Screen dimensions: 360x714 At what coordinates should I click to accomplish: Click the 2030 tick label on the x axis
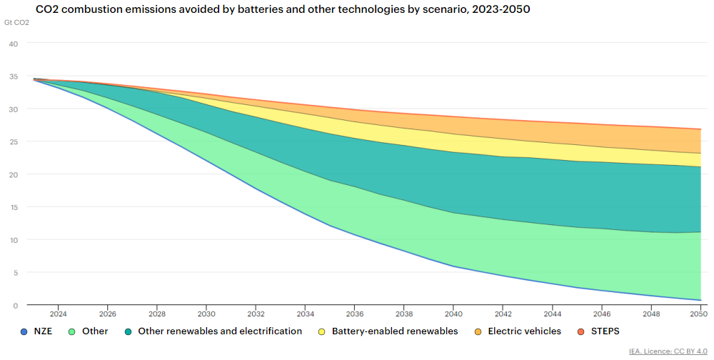pos(206,314)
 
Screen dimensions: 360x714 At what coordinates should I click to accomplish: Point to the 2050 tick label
pos(698,314)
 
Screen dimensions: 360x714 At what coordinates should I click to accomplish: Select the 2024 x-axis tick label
pos(58,314)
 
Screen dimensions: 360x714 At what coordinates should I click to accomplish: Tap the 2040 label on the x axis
pos(453,314)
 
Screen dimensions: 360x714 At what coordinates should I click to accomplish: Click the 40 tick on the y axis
pos(13,44)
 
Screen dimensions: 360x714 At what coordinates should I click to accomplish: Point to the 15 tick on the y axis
pos(13,207)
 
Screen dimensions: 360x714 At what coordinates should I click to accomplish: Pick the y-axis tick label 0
pos(15,306)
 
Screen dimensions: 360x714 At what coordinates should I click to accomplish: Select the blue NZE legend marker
pos(25,331)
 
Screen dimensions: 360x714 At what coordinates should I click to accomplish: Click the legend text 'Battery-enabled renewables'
pos(395,331)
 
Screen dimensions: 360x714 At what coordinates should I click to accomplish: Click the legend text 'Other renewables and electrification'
pos(220,331)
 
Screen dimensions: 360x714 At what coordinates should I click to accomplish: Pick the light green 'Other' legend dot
pos(71,331)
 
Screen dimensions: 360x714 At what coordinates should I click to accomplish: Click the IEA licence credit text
pos(667,351)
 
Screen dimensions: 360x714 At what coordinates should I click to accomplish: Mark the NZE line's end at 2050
pos(699,300)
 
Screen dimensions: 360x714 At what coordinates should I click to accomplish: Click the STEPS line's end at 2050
pos(699,129)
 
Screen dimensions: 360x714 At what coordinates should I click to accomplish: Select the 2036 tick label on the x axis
pos(354,314)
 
